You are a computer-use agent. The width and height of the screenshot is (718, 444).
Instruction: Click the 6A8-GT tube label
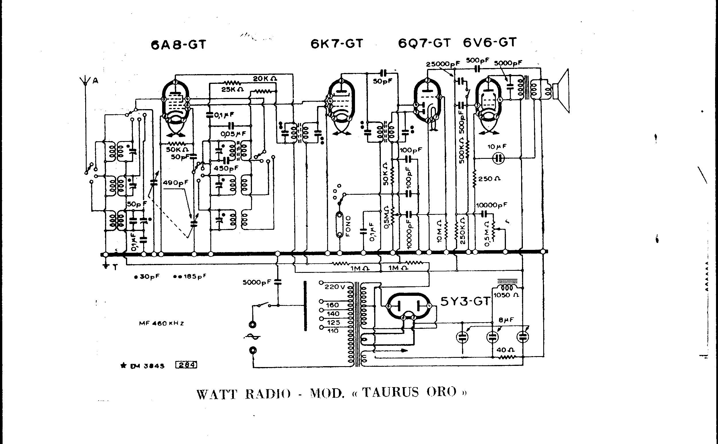tap(178, 45)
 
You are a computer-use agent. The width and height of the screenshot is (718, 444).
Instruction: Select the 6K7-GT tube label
tap(337, 44)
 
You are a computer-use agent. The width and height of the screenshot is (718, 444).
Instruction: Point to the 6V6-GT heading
tap(489, 43)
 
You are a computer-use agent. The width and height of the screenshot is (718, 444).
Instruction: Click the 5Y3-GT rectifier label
tap(465, 301)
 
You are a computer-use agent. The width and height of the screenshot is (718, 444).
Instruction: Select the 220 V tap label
tap(335, 287)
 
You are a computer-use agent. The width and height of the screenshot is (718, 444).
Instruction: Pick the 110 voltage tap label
tap(332, 331)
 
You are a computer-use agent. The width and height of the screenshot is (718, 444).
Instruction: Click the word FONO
tap(349, 226)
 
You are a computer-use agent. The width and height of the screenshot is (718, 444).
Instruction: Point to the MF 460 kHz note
tap(161, 324)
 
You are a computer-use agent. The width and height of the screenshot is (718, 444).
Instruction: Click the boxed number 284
tap(186, 365)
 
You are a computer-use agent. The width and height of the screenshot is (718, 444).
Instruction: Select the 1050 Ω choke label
tap(506, 295)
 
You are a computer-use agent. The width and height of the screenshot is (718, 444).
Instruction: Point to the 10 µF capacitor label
tap(497, 146)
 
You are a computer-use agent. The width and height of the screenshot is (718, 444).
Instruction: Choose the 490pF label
tap(175, 183)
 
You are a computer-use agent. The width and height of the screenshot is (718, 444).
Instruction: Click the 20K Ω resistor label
tap(265, 79)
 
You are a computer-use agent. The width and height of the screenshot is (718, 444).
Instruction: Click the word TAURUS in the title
tap(390, 392)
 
